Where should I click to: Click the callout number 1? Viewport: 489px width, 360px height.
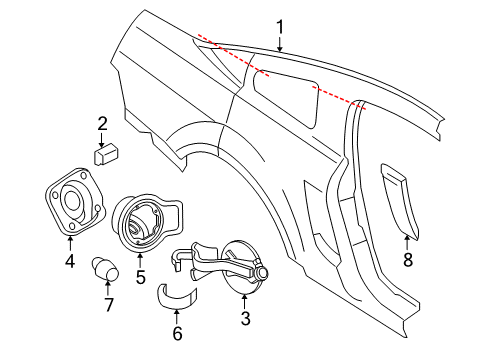pyautogui.click(x=280, y=27)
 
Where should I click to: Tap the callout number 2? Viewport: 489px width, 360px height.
pyautogui.click(x=102, y=123)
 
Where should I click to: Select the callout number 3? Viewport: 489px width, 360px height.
pyautogui.click(x=246, y=319)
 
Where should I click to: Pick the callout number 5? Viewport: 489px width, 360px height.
pyautogui.click(x=140, y=276)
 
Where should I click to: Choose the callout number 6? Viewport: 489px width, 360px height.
pyautogui.click(x=177, y=333)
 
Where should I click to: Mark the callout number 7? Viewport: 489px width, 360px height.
pyautogui.click(x=109, y=304)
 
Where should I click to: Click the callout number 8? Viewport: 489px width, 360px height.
pyautogui.click(x=408, y=259)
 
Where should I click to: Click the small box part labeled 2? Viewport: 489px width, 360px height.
pyautogui.click(x=105, y=153)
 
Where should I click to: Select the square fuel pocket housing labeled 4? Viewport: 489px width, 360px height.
pyautogui.click(x=74, y=202)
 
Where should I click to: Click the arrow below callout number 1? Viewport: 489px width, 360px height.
pyautogui.click(x=280, y=44)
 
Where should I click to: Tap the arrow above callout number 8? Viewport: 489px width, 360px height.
pyautogui.click(x=407, y=242)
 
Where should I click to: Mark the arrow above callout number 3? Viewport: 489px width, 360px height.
pyautogui.click(x=245, y=301)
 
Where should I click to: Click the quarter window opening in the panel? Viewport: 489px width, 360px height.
pyautogui.click(x=286, y=98)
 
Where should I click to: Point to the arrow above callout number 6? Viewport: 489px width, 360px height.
pyautogui.click(x=177, y=317)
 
